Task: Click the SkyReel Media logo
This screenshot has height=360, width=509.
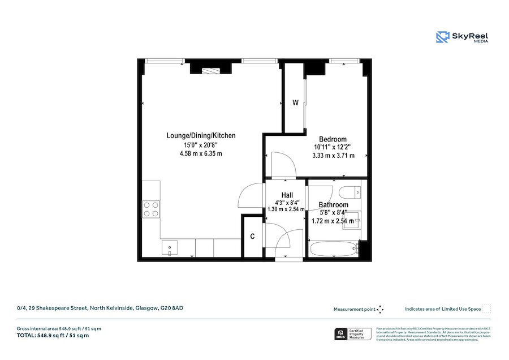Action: (462, 37)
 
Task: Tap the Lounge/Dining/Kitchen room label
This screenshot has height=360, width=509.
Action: (201, 136)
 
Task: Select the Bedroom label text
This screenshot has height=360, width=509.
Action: (333, 139)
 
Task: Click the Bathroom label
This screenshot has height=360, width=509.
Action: (333, 205)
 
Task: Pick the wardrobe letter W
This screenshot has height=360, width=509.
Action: (295, 103)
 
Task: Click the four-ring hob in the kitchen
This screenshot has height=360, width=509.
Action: (151, 209)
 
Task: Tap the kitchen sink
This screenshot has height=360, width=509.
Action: (170, 247)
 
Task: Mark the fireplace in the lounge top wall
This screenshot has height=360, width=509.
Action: (210, 70)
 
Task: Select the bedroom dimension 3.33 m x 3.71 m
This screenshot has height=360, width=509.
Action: (333, 156)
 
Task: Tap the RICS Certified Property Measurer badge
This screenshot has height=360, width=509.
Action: (352, 335)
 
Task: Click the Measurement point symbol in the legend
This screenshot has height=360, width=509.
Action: (380, 309)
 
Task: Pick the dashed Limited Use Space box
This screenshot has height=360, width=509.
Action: (486, 309)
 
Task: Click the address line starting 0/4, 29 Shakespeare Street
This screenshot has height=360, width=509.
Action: (100, 308)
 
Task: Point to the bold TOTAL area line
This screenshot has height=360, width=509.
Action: (53, 336)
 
